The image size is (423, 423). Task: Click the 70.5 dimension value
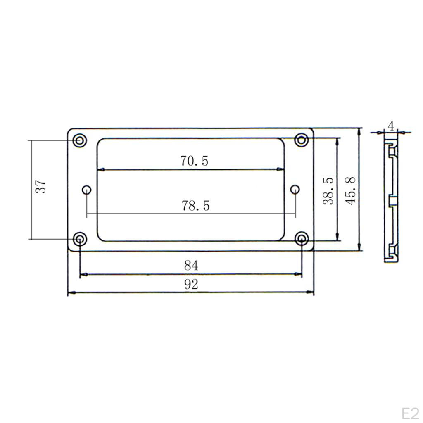pyautogui.click(x=194, y=161)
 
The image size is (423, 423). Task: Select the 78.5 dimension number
pyautogui.click(x=196, y=205)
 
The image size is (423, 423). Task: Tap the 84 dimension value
pyautogui.click(x=191, y=266)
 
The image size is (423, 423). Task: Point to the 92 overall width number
pyautogui.click(x=191, y=284)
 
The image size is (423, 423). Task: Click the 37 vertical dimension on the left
pyautogui.click(x=40, y=187)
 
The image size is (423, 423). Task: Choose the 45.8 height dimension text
pyautogui.click(x=351, y=190)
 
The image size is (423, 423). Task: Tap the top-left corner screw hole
pyautogui.click(x=79, y=140)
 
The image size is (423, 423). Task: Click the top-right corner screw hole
pyautogui.click(x=302, y=140)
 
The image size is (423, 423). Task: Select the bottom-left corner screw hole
pyautogui.click(x=80, y=239)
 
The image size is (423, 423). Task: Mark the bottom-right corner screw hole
pyautogui.click(x=302, y=238)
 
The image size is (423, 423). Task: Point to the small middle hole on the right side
pyautogui.click(x=295, y=189)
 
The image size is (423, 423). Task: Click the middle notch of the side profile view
pyautogui.click(x=393, y=202)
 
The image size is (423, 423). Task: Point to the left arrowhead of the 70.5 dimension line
pyautogui.click(x=100, y=169)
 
